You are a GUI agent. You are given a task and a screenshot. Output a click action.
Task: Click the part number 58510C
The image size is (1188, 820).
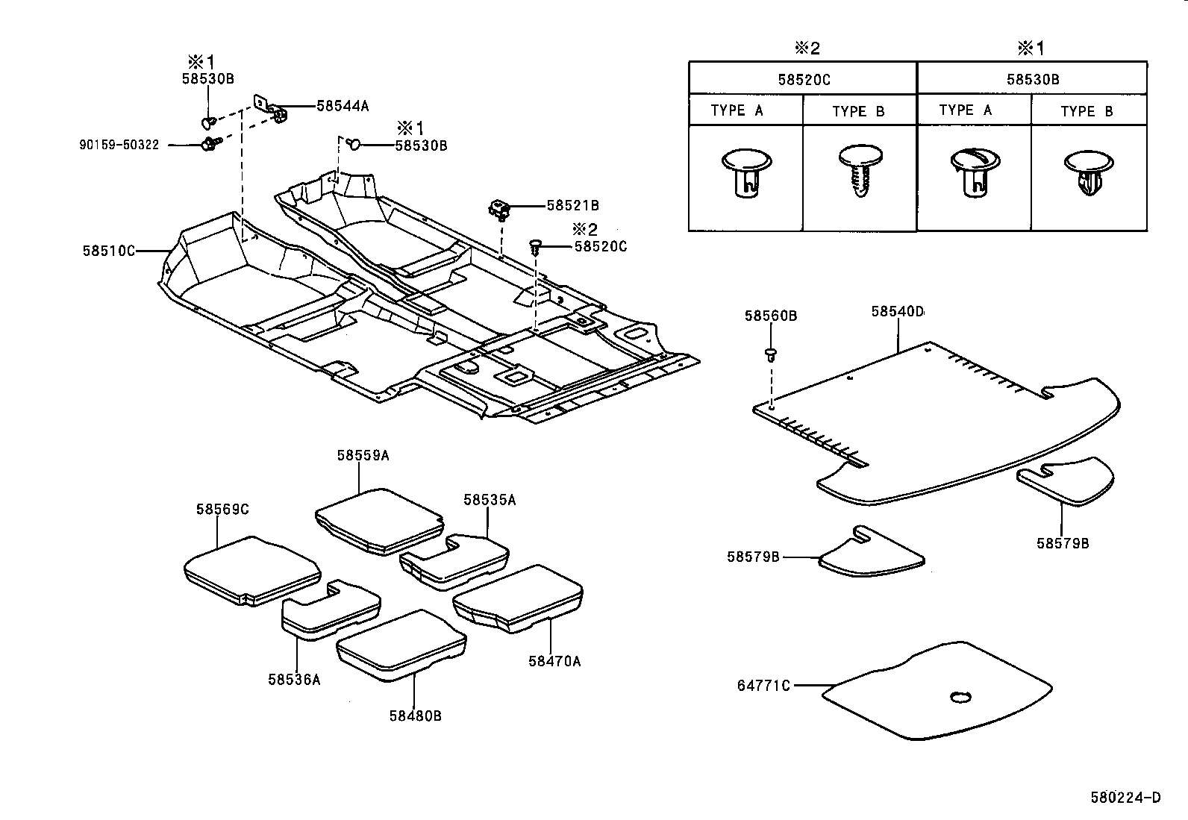click(x=109, y=251)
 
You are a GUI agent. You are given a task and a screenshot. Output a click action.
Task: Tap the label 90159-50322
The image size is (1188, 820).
click(x=119, y=145)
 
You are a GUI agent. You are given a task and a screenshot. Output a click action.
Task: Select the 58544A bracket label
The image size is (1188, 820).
click(x=343, y=106)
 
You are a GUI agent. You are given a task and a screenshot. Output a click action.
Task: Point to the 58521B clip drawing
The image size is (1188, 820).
click(x=498, y=210)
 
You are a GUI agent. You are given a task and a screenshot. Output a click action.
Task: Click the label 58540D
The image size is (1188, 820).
click(x=897, y=310)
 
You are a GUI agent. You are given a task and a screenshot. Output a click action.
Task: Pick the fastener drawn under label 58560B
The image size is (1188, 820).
click(x=771, y=354)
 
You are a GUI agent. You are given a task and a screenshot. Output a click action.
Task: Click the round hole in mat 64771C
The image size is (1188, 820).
click(x=960, y=698)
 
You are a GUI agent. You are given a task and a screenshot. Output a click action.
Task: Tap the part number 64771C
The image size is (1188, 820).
click(x=763, y=685)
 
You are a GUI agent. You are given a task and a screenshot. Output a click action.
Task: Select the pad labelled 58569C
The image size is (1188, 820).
click(x=250, y=571)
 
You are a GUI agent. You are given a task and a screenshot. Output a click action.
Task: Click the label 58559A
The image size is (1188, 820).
click(x=363, y=455)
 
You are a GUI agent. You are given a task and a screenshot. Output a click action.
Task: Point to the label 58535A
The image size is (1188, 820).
click(x=490, y=500)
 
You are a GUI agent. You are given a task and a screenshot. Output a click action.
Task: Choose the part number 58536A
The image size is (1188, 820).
click(x=294, y=679)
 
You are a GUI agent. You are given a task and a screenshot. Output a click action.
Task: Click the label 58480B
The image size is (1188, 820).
click(x=415, y=716)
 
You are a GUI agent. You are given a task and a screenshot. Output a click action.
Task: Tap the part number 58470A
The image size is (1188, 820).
click(x=554, y=660)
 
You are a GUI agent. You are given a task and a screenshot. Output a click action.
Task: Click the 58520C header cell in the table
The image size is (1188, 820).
click(x=803, y=79)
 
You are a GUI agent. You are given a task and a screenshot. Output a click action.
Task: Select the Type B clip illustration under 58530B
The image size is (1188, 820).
click(x=1087, y=174)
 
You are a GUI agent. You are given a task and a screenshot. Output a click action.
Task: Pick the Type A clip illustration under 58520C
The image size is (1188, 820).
click(x=746, y=172)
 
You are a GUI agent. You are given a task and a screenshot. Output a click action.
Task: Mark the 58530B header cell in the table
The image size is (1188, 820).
click(x=1032, y=79)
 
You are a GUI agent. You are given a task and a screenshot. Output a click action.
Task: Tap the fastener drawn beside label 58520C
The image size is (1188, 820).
click(x=535, y=245)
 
